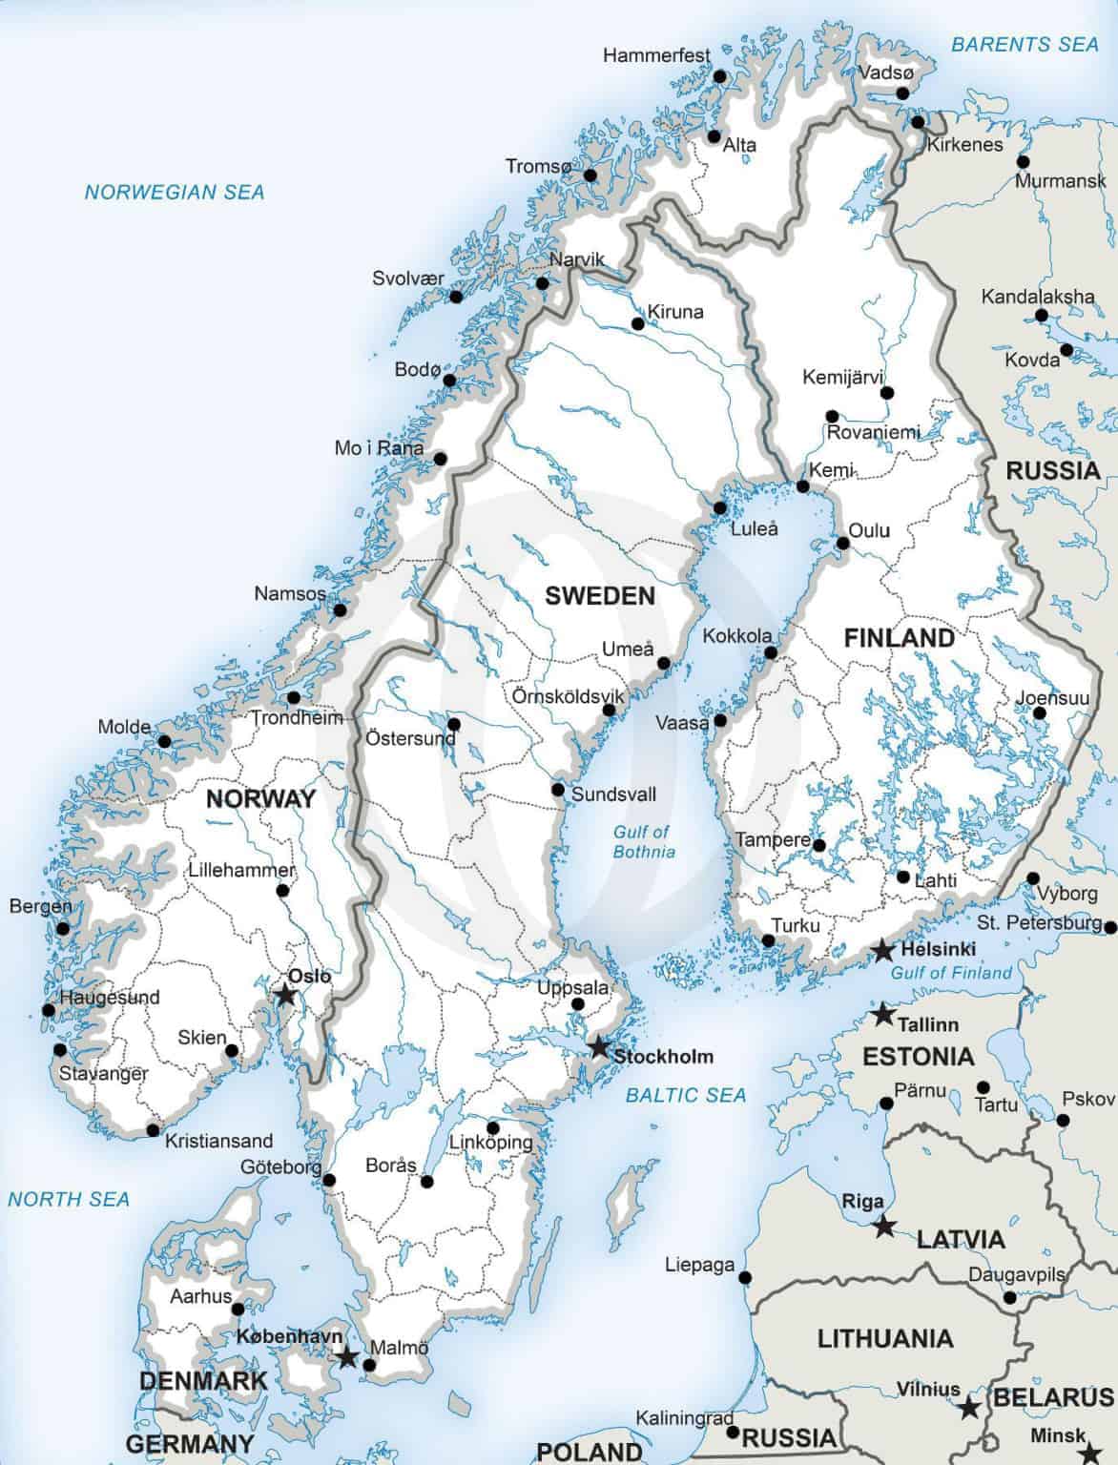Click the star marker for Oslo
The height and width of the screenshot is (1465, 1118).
coord(284,995)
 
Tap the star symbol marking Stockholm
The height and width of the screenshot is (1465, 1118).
coord(597,1047)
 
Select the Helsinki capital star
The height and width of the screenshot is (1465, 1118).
coord(883,950)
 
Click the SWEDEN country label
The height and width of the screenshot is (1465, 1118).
coord(600,596)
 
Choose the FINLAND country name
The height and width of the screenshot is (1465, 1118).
coord(899,638)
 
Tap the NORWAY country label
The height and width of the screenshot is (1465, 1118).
coord(260,798)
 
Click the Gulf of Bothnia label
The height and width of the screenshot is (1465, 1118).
coord(642,842)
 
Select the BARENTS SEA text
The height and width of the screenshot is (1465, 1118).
coord(1025,44)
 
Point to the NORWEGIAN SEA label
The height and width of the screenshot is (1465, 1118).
coord(175,192)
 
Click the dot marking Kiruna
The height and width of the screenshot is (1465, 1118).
coord(638,323)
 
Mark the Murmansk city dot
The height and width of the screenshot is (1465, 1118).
coord(1024,161)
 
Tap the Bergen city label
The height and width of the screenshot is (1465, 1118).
coord(40,905)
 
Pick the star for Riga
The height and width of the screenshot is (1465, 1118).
coord(885,1227)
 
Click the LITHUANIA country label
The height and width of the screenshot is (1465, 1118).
coord(884,1338)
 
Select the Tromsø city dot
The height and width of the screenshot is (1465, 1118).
coord(590,175)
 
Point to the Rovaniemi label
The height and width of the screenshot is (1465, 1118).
coord(873,432)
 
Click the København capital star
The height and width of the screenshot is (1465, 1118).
coord(346,1357)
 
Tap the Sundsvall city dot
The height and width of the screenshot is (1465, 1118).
coord(558,790)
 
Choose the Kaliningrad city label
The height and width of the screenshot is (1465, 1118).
coord(685,1418)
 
